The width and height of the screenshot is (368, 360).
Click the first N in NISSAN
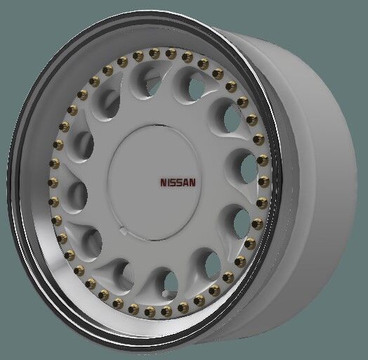(164, 182)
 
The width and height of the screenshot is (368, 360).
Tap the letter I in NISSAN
(169, 182)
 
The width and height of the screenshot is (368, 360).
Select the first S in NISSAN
(174, 182)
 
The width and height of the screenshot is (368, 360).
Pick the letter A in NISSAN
(186, 182)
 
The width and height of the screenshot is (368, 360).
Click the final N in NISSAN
(193, 182)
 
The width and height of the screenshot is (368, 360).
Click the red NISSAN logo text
(178, 182)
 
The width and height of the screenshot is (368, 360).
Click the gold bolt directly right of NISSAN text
(263, 182)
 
